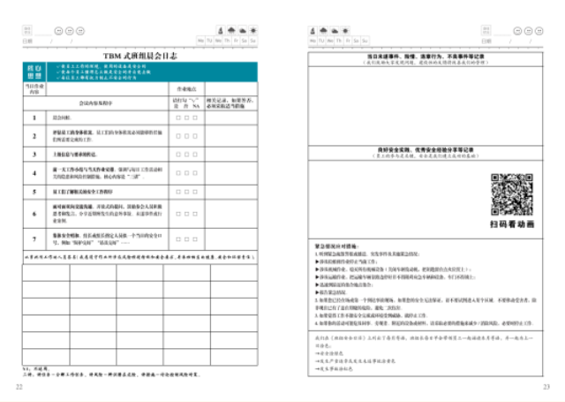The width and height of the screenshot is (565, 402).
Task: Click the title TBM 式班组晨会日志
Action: (x=140, y=55)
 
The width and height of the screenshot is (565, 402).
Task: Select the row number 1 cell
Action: (x=34, y=118)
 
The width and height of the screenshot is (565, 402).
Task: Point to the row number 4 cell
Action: (x=34, y=171)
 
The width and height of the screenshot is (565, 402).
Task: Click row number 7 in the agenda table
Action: (x=34, y=238)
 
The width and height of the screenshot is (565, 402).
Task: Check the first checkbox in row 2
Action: (x=179, y=136)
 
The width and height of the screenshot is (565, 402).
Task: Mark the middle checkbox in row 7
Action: (x=187, y=238)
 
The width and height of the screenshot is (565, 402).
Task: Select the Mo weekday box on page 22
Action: (x=201, y=41)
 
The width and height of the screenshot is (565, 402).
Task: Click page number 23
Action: (x=546, y=386)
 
